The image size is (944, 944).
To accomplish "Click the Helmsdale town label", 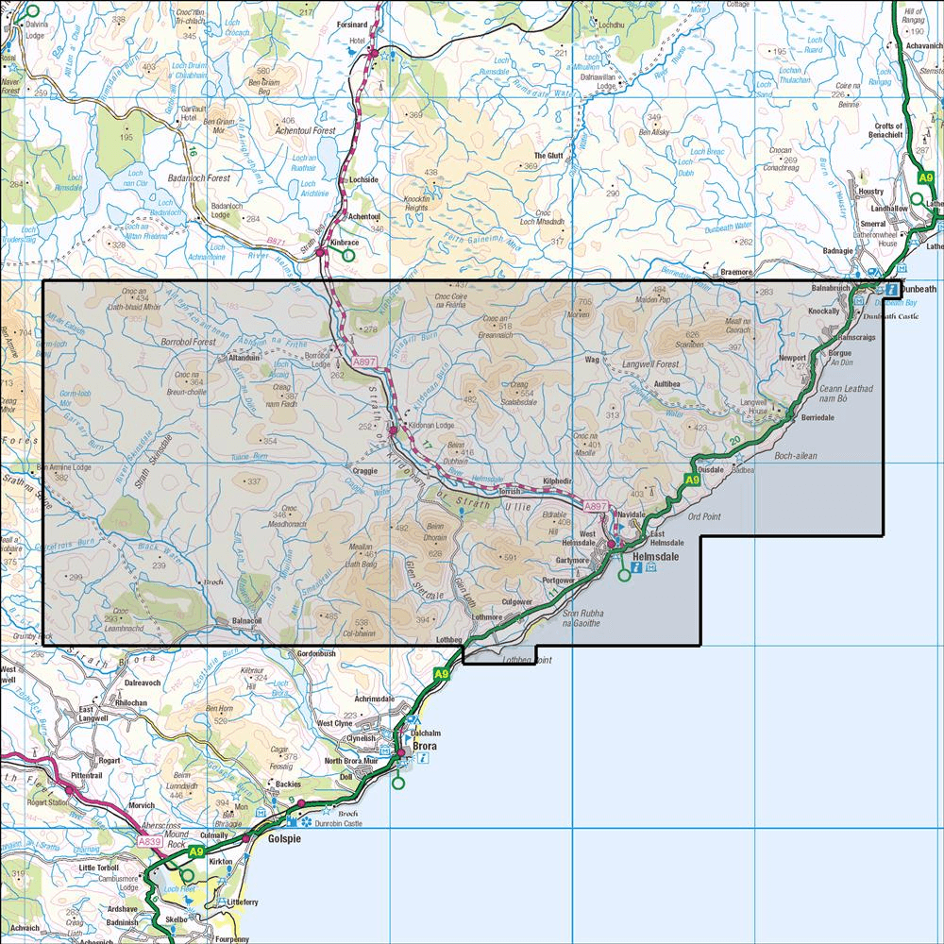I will click(668, 558).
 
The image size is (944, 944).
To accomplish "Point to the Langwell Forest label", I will click(651, 363).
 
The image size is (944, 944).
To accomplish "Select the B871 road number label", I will click(276, 242).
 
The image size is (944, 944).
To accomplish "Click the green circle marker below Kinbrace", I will click(348, 255).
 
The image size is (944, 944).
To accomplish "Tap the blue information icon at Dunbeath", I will click(891, 290).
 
